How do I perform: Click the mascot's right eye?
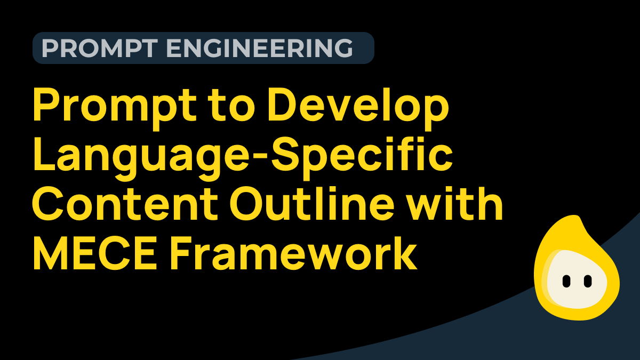coord(588,279)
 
